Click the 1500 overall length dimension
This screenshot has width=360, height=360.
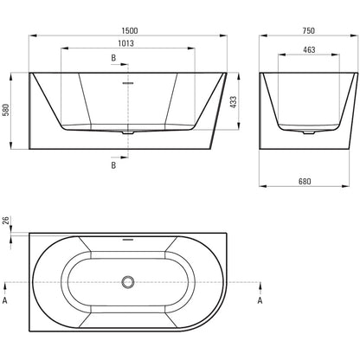(130, 30)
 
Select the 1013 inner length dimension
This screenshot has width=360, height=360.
(126, 43)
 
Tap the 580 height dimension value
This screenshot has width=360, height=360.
(6, 110)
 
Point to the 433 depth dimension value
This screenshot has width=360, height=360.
(233, 102)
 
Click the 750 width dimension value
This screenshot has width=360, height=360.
(309, 30)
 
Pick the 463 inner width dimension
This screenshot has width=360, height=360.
(309, 49)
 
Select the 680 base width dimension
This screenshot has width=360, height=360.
(305, 181)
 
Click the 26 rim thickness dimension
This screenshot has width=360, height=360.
(6, 221)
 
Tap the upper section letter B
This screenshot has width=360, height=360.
(113, 58)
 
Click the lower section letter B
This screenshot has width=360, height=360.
(113, 165)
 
